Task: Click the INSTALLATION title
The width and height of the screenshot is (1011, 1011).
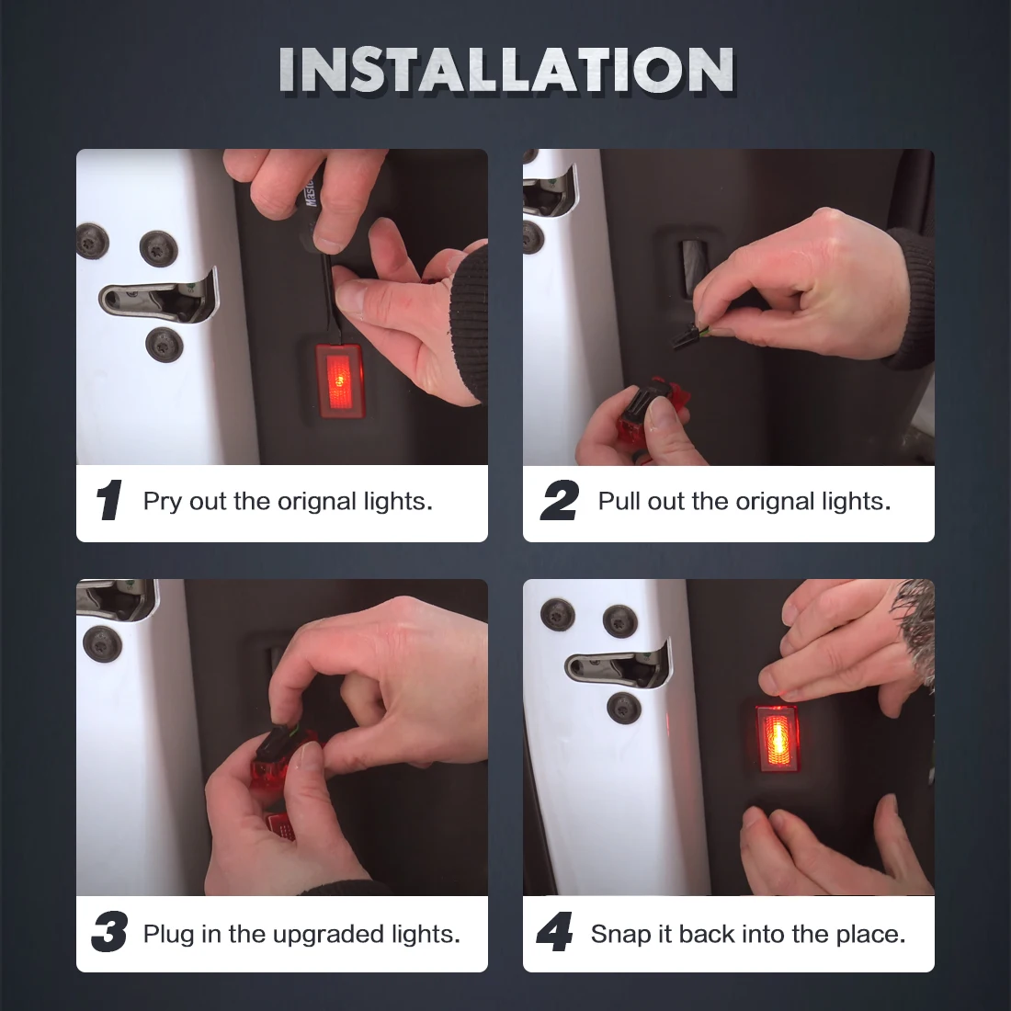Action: (506, 70)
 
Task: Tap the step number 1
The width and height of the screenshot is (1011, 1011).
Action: (109, 500)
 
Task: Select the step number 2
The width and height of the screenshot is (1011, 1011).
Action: (560, 500)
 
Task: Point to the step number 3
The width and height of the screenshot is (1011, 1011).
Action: (109, 931)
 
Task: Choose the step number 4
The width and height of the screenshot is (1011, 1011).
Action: (554, 931)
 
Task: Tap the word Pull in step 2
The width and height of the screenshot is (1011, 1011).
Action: (619, 501)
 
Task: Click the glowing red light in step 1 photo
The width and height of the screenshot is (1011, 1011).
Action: (339, 381)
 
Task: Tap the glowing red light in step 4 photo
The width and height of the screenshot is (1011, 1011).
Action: (778, 738)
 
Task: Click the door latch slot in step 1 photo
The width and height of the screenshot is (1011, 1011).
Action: (159, 298)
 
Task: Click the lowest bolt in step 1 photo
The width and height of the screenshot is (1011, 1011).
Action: (165, 345)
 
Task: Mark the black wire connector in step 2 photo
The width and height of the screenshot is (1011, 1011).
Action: (687, 334)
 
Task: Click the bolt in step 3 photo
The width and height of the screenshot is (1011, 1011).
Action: (102, 643)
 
